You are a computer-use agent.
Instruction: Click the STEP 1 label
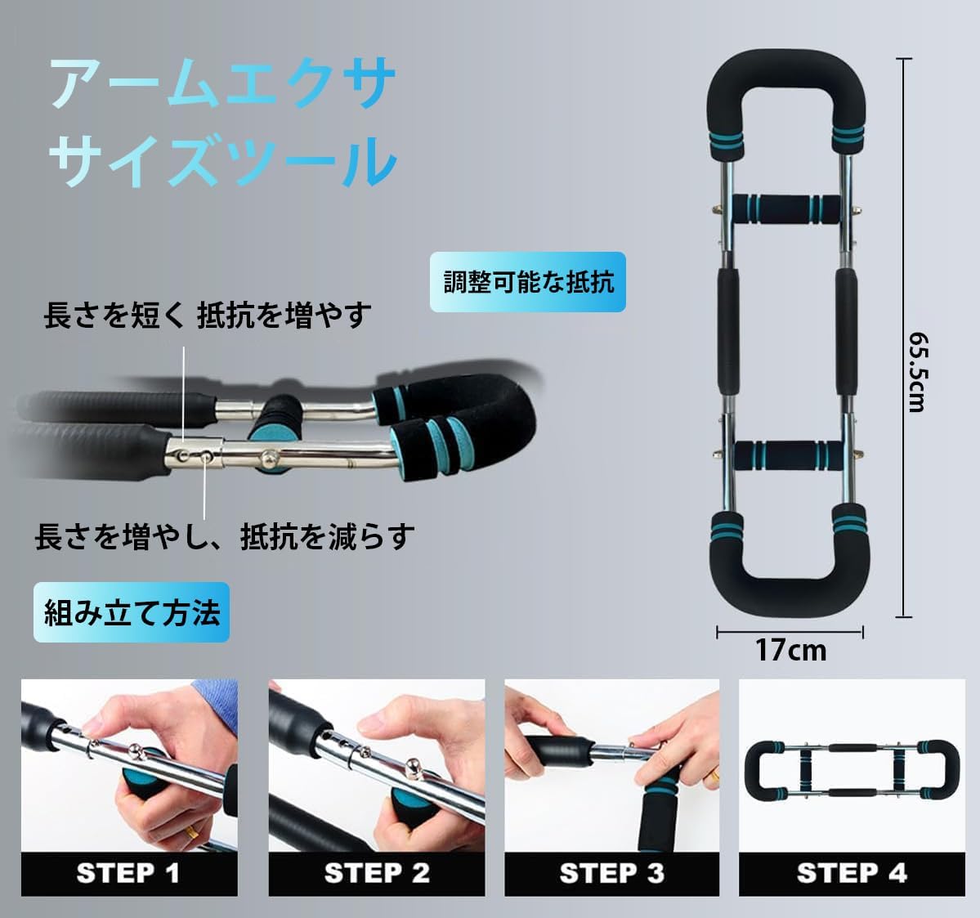pyautogui.click(x=128, y=873)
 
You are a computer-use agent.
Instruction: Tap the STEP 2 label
pyautogui.click(x=377, y=873)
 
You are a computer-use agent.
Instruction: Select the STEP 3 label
pyautogui.click(x=611, y=873)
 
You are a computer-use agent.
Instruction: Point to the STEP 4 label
pyautogui.click(x=852, y=873)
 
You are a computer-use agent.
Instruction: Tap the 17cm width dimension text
pyautogui.click(x=790, y=651)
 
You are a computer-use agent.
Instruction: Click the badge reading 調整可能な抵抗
pyautogui.click(x=528, y=282)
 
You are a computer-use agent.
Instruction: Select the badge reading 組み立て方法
pyautogui.click(x=132, y=612)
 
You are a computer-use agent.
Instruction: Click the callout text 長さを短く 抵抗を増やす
pyautogui.click(x=208, y=316)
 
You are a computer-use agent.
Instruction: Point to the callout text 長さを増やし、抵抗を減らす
pyautogui.click(x=225, y=537)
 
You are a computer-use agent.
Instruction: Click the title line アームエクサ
pyautogui.click(x=222, y=84)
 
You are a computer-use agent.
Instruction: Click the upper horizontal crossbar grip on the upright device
pyautogui.click(x=785, y=213)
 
